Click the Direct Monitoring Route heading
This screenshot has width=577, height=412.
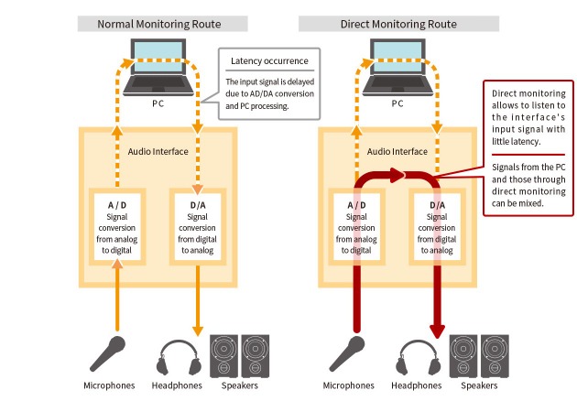[397, 23]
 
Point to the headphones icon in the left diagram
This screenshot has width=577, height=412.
[180, 356]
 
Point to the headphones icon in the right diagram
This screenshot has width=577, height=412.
[417, 356]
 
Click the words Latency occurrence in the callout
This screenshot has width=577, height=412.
[269, 61]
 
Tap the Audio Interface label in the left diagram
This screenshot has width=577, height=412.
[157, 152]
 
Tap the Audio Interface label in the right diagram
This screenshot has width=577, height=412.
[397, 152]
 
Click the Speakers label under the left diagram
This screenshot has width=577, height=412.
[239, 385]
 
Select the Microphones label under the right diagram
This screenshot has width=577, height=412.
[349, 385]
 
